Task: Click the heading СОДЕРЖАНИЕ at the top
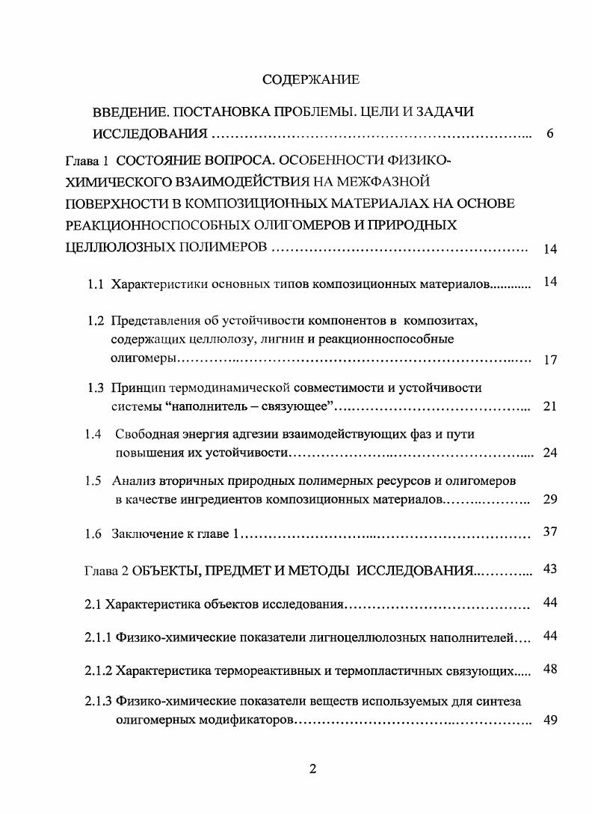click(311, 79)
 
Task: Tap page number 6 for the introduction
click(550, 135)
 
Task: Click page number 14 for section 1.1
click(550, 282)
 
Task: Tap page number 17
click(550, 360)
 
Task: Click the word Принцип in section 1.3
click(136, 388)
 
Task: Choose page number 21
click(550, 407)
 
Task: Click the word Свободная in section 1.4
click(142, 435)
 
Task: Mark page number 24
click(550, 453)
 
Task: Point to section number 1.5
click(94, 481)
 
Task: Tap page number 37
click(550, 532)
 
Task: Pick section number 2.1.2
click(98, 671)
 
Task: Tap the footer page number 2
click(313, 771)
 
